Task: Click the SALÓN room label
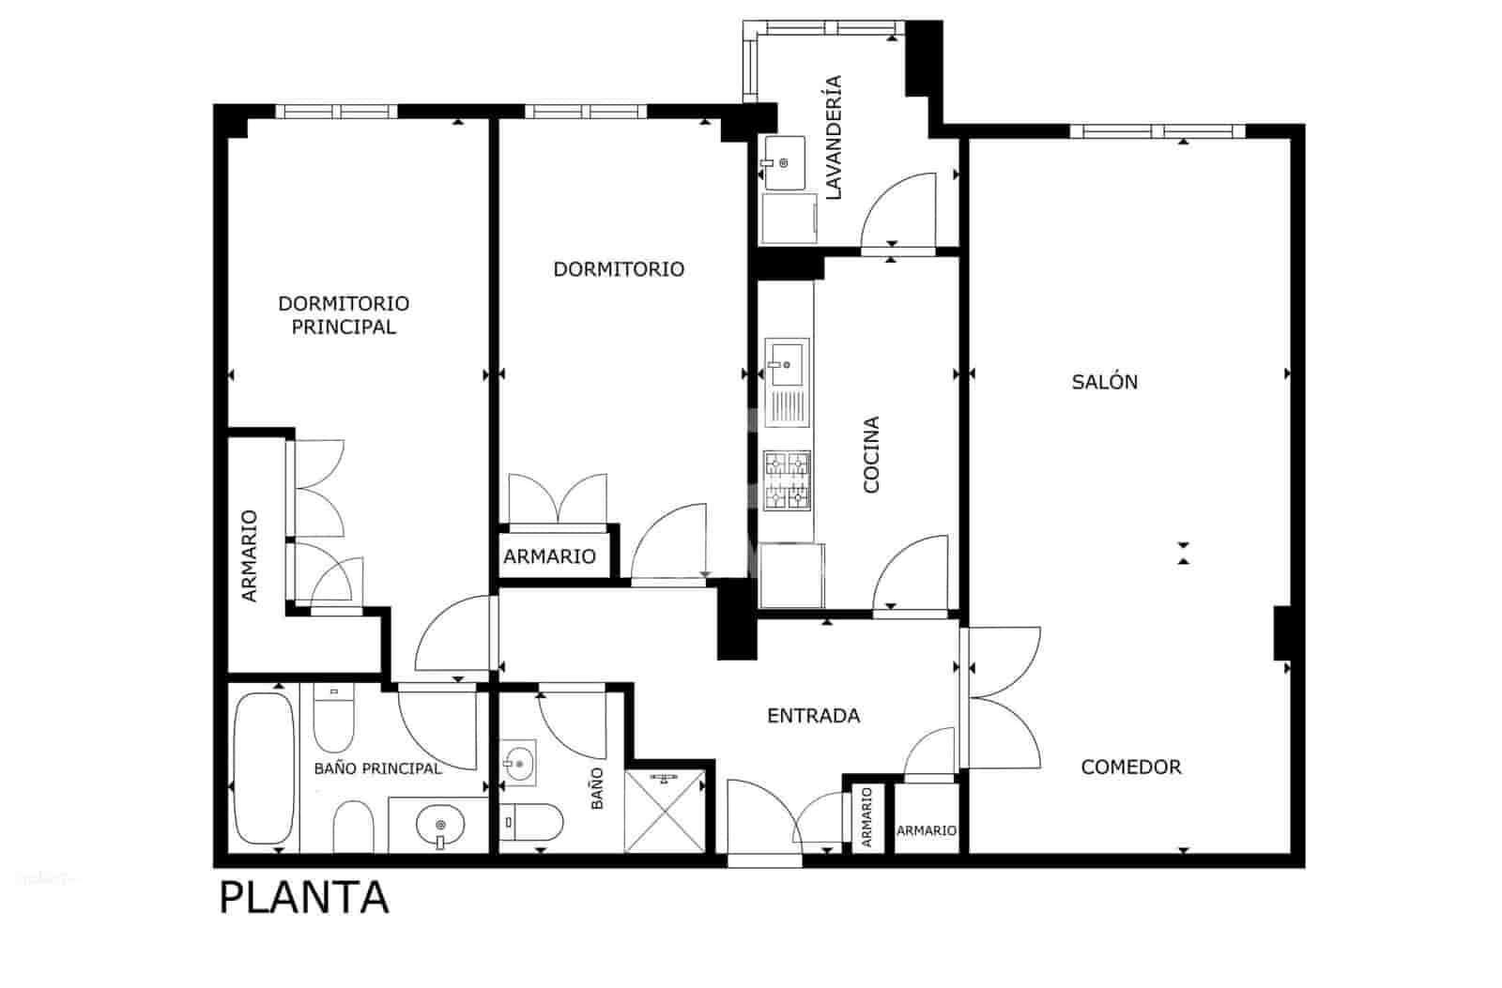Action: point(1104,382)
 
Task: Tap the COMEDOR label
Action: point(1131,767)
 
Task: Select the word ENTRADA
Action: point(813,716)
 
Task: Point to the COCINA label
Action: point(871,455)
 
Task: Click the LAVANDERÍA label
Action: point(834,137)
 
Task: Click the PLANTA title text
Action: point(304,898)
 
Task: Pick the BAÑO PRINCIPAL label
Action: point(377,768)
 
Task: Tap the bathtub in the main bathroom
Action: point(264,768)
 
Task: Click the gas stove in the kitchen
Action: point(788,480)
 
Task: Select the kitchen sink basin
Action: point(787,365)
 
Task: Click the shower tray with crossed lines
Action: point(666,811)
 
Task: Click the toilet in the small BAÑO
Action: point(531,822)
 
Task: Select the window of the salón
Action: point(1157,131)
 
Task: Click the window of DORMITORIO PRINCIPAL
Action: point(337,112)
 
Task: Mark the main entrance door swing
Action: point(764,817)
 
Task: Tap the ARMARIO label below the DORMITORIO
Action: point(550,556)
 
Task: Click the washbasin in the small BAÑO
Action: point(518,763)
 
